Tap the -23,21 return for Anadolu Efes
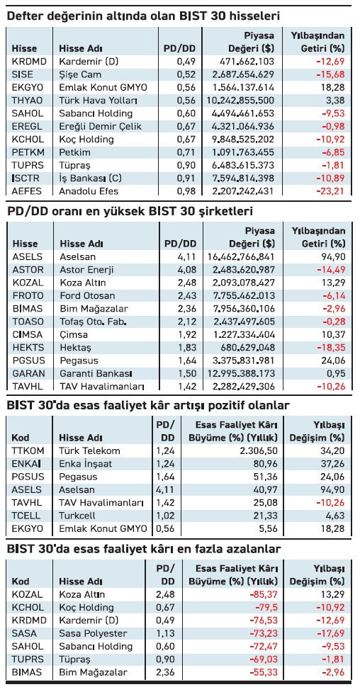[x=328, y=191]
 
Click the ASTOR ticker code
[x=28, y=269]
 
